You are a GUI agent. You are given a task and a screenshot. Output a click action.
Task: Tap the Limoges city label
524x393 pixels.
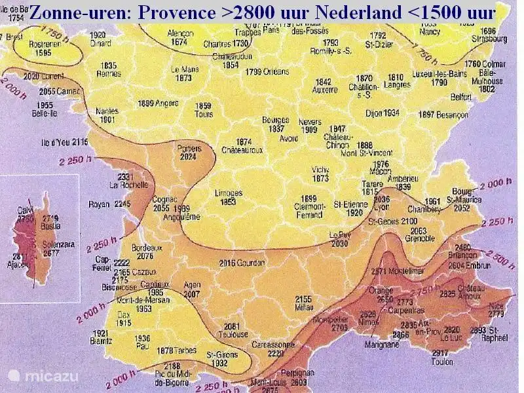[229, 193]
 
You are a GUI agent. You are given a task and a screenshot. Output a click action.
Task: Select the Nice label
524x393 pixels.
[496, 305]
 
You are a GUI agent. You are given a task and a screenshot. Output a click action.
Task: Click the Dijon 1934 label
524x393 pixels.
[382, 113]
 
